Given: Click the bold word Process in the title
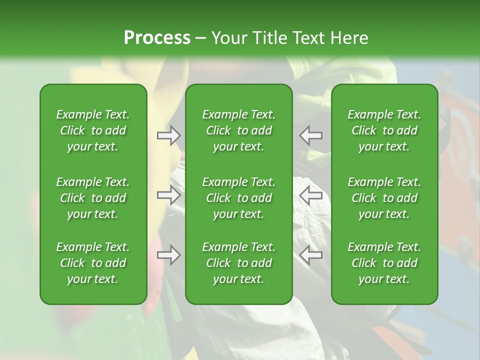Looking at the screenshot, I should [157, 38].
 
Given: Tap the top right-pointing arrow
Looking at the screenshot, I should [169, 135].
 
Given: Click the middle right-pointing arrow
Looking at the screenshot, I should [169, 195].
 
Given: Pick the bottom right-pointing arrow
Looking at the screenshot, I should [169, 255].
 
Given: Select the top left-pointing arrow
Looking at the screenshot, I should [311, 135].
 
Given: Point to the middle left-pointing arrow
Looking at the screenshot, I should [311, 195].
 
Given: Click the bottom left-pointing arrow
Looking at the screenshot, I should [311, 255].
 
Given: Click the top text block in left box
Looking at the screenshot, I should [93, 130].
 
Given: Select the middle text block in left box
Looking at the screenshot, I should [93, 198].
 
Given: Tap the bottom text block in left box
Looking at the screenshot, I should [93, 263].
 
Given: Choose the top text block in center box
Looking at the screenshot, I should [239, 130].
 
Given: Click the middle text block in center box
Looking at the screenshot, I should [239, 198].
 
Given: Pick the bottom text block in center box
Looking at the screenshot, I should [239, 263].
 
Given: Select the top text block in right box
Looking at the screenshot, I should [384, 130].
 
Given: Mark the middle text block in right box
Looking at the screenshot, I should [384, 198].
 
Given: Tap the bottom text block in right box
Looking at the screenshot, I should [384, 263].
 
